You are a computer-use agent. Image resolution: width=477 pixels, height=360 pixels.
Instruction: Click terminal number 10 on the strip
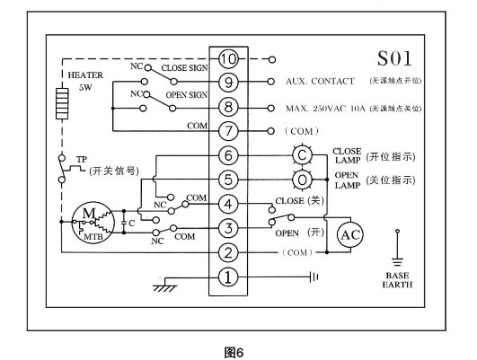coord(228,59)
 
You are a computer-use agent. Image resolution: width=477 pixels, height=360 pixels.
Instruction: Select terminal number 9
coord(228,83)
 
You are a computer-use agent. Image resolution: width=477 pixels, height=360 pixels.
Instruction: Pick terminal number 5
coord(228,179)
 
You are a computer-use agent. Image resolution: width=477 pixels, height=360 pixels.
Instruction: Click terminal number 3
coord(228,227)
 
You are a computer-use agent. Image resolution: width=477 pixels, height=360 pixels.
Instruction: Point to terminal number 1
coord(228,277)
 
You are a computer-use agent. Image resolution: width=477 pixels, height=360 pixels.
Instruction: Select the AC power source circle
coord(349,235)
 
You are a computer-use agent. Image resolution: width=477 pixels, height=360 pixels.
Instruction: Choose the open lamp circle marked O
coord(303,179)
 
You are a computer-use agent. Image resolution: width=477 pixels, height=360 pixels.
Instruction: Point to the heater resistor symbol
coord(62,105)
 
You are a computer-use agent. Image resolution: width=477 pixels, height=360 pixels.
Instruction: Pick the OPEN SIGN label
coord(186,94)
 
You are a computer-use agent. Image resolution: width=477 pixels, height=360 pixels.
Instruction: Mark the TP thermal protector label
coord(82,160)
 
